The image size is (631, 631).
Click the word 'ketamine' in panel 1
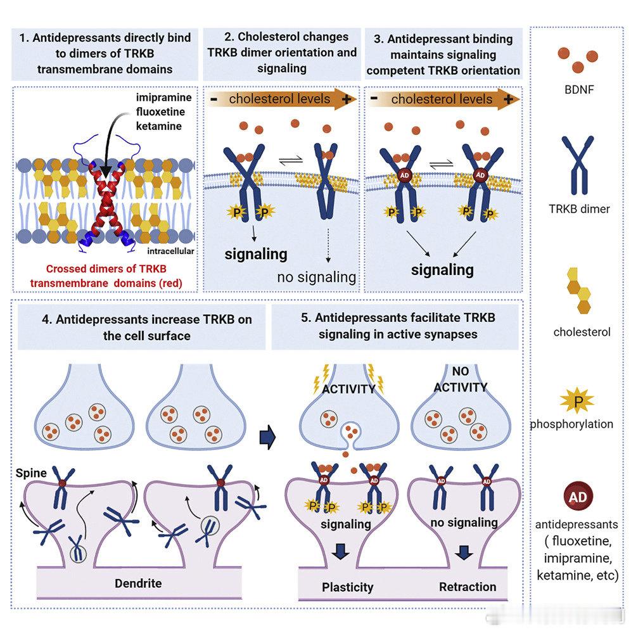(x=159, y=127)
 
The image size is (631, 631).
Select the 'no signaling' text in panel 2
(x=316, y=277)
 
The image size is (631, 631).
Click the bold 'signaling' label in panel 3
(x=442, y=270)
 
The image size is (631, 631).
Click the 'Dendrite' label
(x=138, y=583)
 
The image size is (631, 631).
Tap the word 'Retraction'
(x=468, y=587)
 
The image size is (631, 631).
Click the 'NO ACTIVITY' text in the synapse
(x=461, y=379)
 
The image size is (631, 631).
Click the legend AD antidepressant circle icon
(x=577, y=497)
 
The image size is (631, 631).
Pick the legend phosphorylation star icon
(x=577, y=401)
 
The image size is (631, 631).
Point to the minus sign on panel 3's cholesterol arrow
(x=374, y=99)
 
